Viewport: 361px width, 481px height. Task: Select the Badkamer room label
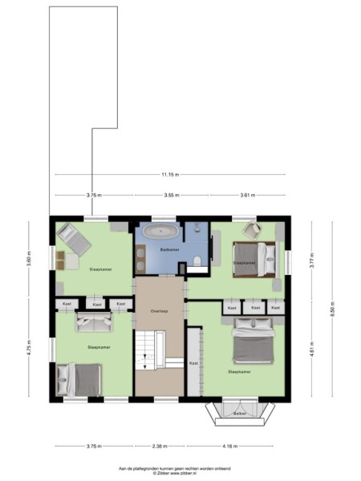168,249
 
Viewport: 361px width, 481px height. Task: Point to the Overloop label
158,310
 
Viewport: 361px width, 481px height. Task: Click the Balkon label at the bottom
238,414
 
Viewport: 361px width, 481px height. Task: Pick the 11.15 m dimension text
169,175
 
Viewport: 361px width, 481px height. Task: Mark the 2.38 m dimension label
160,447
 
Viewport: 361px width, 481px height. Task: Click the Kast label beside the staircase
193,363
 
